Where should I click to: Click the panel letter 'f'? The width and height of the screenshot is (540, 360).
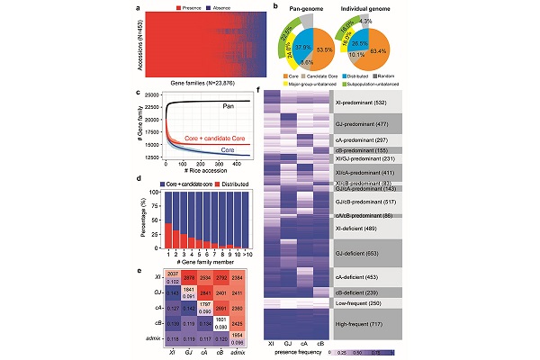pyautogui.click(x=260, y=91)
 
